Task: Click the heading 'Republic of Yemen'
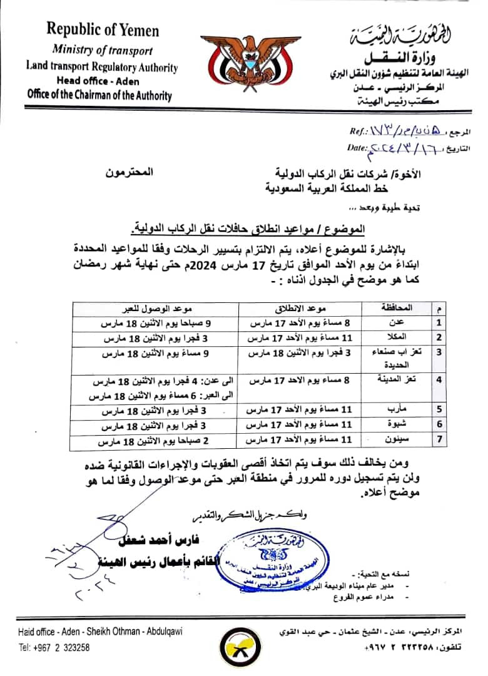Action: [103, 29]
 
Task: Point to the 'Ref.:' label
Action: [361, 131]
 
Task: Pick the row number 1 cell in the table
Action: [439, 322]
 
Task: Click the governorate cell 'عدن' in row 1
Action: [396, 322]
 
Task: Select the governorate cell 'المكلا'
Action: [396, 337]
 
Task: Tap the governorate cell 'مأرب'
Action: [396, 410]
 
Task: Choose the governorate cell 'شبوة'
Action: [396, 425]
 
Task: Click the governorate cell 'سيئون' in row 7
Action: [396, 440]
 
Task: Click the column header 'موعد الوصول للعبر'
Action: [155, 309]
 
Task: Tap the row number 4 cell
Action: [439, 379]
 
